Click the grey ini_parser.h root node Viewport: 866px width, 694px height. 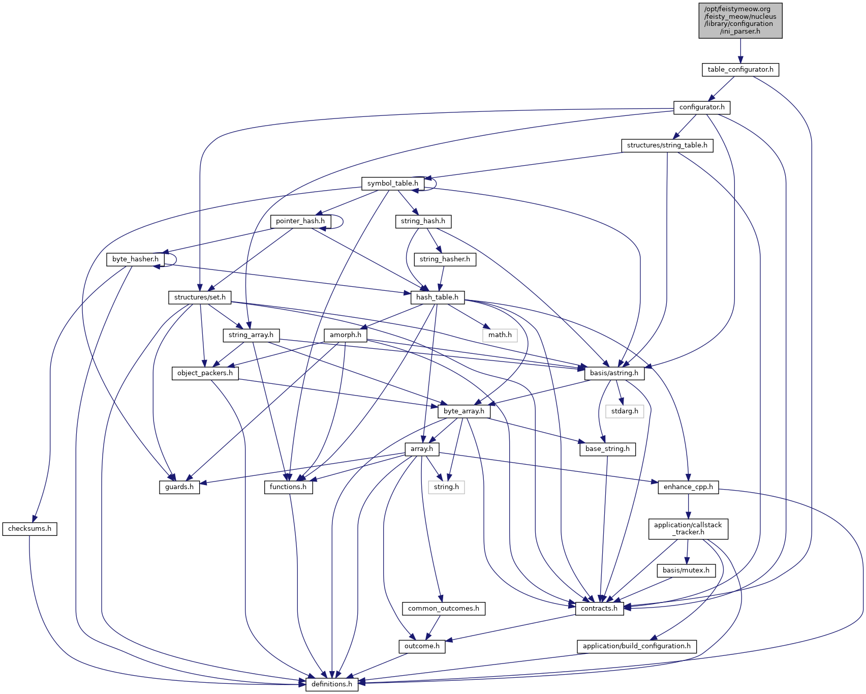click(740, 20)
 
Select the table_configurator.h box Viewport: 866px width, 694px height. click(740, 70)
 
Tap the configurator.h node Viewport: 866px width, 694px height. click(702, 107)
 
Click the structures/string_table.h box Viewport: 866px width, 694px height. click(667, 145)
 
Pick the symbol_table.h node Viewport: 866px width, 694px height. click(392, 184)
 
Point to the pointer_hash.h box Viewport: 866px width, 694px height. click(300, 221)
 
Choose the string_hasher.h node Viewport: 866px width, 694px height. click(445, 259)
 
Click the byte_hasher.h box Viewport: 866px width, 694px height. click(135, 259)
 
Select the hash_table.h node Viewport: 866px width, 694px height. click(437, 297)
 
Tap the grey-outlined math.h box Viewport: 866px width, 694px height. click(500, 335)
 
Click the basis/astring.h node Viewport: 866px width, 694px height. click(614, 373)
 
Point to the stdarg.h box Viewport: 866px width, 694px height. click(625, 411)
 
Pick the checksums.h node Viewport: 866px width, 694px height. click(29, 529)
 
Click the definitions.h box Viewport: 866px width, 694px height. click(331, 684)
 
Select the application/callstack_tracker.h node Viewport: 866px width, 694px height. click(688, 529)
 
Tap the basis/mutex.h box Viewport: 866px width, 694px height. click(686, 570)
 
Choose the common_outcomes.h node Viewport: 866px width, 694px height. click(443, 609)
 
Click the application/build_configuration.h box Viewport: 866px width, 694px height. click(636, 646)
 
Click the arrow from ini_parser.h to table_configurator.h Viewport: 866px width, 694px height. click(740, 51)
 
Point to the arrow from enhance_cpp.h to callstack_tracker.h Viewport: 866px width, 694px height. click(688, 506)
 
